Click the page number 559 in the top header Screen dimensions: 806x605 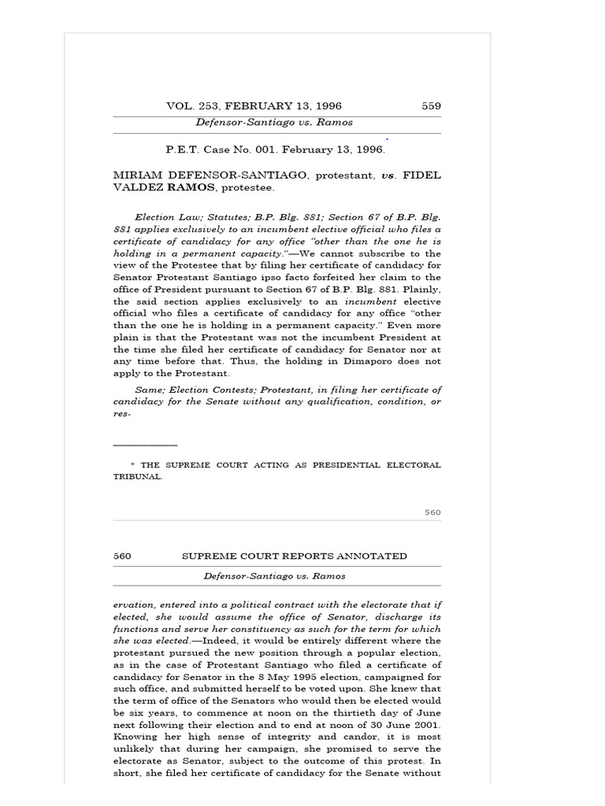431,106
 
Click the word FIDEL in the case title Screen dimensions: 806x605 422,176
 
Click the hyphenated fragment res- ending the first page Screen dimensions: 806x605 121,413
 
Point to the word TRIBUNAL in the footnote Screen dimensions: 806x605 137,477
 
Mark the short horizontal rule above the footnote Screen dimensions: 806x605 145,446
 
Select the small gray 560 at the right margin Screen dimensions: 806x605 432,512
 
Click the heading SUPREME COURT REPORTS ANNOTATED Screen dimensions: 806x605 295,556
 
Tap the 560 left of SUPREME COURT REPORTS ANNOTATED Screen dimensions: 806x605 122,556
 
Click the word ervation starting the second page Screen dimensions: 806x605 132,604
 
